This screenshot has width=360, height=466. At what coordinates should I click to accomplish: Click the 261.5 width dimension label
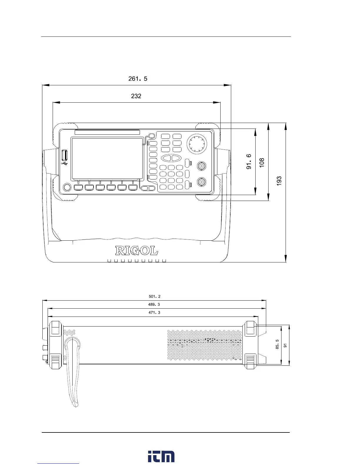click(x=138, y=79)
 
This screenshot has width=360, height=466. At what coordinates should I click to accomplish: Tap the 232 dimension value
click(x=136, y=96)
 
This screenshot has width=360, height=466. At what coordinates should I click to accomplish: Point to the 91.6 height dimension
click(x=249, y=162)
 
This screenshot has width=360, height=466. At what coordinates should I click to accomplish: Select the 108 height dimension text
click(x=261, y=163)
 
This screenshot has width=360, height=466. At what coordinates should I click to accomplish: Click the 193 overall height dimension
click(x=279, y=181)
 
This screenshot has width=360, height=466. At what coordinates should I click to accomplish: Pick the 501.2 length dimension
click(x=155, y=297)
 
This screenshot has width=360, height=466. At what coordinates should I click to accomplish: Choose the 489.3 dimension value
click(x=154, y=304)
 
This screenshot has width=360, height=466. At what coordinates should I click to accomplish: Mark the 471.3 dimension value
click(x=154, y=313)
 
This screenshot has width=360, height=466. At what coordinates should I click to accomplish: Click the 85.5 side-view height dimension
click(x=277, y=344)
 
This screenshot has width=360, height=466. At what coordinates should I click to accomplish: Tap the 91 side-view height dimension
click(x=285, y=345)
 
